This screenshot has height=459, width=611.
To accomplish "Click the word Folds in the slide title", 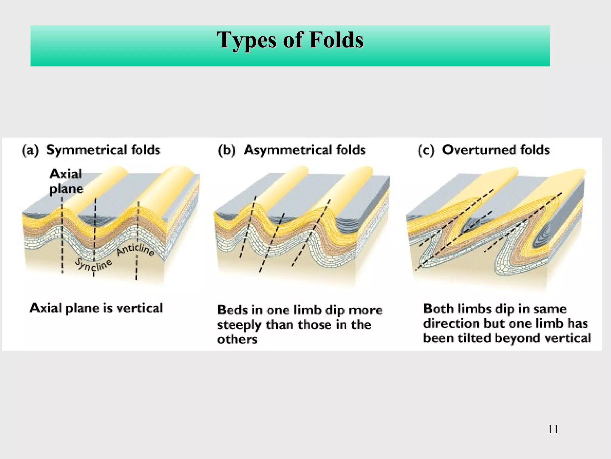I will tap(336, 40).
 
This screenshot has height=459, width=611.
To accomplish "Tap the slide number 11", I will tap(553, 429).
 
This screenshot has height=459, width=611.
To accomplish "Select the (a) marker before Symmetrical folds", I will tap(30, 150).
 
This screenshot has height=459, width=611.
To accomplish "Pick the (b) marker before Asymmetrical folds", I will tap(227, 150).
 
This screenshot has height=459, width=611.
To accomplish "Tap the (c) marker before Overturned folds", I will tap(426, 150).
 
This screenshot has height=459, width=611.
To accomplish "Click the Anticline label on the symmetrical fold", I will tap(135, 250).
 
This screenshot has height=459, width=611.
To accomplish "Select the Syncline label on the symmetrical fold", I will tap(93, 264).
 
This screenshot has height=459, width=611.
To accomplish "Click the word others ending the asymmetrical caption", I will tap(237, 340).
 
